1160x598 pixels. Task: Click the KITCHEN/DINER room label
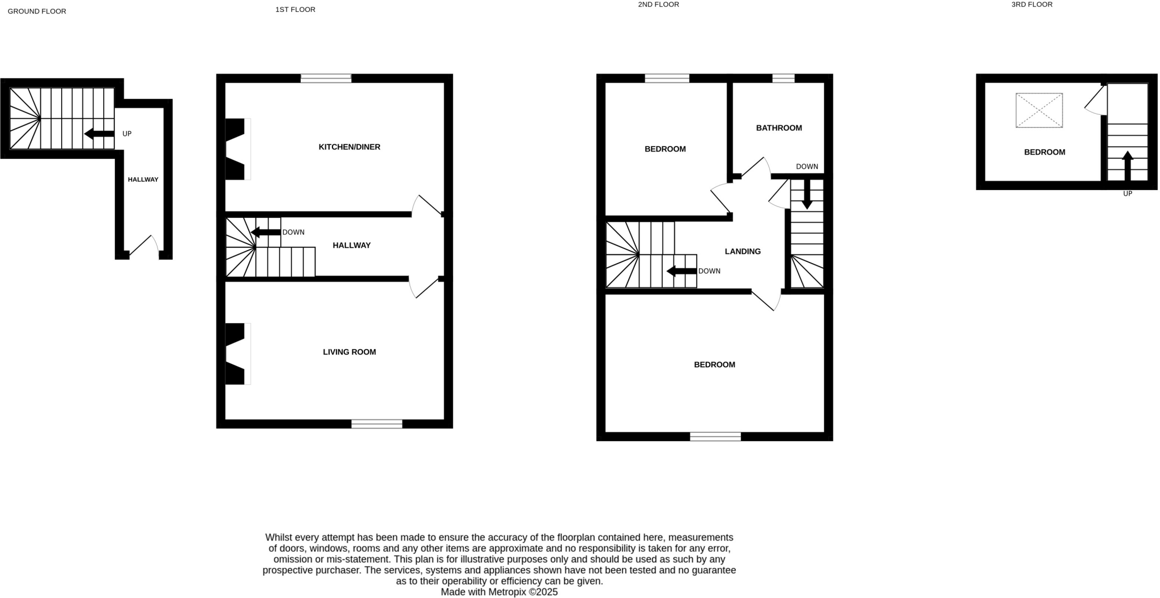point(349,147)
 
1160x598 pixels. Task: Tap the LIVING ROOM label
point(349,352)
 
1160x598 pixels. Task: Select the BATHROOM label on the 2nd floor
point(779,128)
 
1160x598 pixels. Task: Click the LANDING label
point(743,252)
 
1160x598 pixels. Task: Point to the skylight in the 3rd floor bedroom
point(1039,110)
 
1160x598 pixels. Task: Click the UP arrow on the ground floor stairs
point(99,134)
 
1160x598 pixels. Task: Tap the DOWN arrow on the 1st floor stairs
point(266,233)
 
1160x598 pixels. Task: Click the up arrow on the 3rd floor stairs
point(1127,165)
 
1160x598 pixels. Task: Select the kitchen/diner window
point(326,79)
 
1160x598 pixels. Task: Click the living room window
point(377,424)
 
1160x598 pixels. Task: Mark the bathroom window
point(783,79)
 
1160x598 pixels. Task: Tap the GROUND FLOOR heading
point(37,11)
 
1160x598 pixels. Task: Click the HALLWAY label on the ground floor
point(143,180)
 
